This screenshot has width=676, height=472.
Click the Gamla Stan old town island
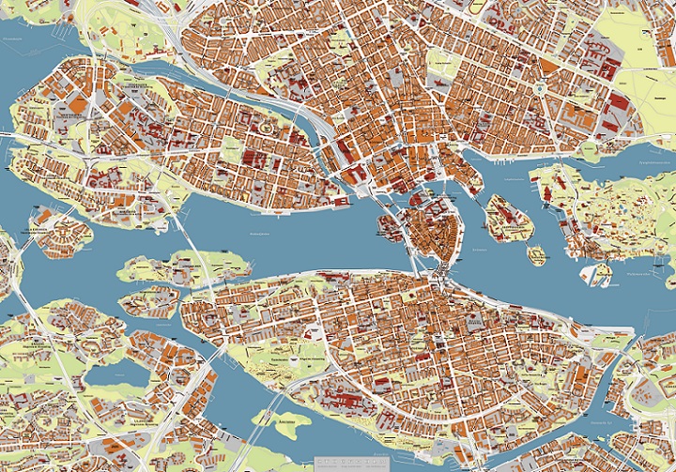coord(434,230)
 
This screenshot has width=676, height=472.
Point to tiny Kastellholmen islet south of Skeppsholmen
coord(536,254)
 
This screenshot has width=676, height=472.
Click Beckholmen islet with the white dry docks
coord(596,273)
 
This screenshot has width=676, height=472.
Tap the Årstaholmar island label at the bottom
coord(297,423)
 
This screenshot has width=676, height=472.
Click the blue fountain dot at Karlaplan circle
coord(542,88)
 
